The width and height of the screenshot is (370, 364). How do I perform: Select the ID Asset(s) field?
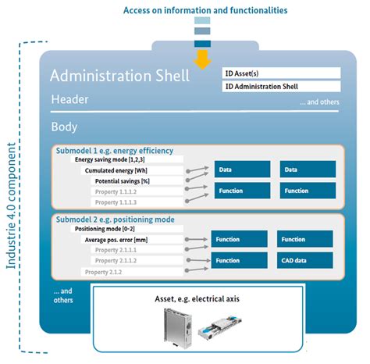pyautogui.click(x=282, y=73)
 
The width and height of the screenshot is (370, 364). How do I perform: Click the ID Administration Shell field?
pyautogui.click(x=282, y=86)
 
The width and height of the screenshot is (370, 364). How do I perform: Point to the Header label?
pyautogui.click(x=69, y=99)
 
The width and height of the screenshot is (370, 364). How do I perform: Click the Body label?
pyautogui.click(x=64, y=126)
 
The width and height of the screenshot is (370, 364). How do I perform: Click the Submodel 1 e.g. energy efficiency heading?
pyautogui.click(x=115, y=149)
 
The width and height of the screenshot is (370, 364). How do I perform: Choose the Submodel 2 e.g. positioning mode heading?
pyautogui.click(x=115, y=219)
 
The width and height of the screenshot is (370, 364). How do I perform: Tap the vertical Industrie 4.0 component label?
pyautogui.click(x=12, y=205)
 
